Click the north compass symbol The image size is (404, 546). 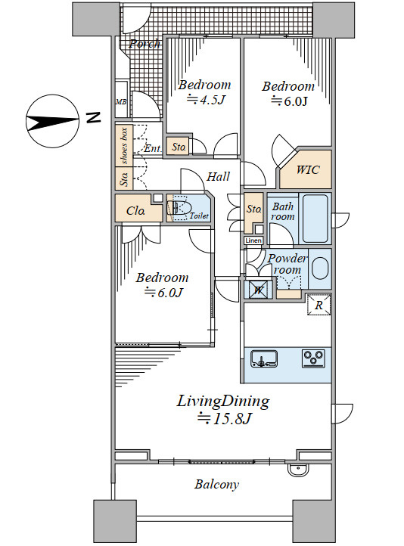pos(52,121)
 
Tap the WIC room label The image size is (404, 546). pos(308,170)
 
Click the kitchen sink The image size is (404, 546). pos(264,359)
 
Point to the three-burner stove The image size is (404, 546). pos(313,358)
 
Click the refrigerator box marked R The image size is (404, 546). pos(319,305)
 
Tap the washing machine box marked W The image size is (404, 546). pos(258,290)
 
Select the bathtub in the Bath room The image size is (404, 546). pos(315,219)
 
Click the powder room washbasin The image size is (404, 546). pos(320,268)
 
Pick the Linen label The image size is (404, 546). pos(253,240)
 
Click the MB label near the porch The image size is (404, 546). pos(121,102)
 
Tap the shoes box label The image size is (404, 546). pos(124,146)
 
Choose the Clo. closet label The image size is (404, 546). pos(135,211)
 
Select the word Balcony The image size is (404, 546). pos(216,484)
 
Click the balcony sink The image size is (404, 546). pos(299,470)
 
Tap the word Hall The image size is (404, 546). pos(219,176)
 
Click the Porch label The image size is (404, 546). pos(145,44)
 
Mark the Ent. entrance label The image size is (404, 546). pos(153,149)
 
